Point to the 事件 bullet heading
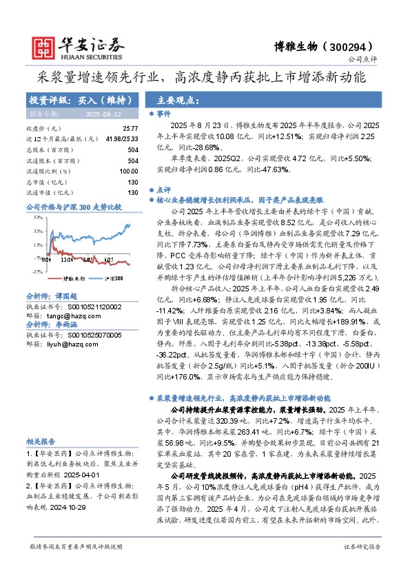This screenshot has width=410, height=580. point(163,114)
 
